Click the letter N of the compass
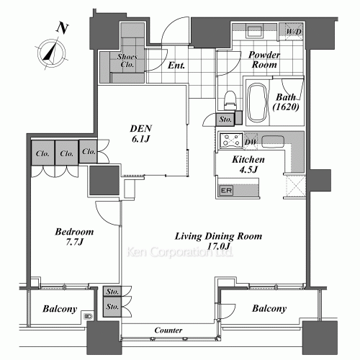(x=62, y=28)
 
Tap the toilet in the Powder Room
(x=230, y=100)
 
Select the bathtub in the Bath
(x=257, y=103)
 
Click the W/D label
(x=294, y=32)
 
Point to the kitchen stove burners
(x=231, y=140)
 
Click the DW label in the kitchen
(x=251, y=142)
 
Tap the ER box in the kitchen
(x=226, y=191)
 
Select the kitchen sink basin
(x=273, y=142)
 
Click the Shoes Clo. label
(x=127, y=60)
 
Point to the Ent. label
(x=176, y=66)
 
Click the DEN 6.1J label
(x=141, y=133)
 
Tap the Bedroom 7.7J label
(x=74, y=237)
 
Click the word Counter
(x=168, y=330)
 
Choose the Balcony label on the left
(x=60, y=309)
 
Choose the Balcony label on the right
(x=269, y=308)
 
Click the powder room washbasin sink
(x=254, y=31)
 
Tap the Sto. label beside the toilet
(x=225, y=119)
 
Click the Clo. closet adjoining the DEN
(x=88, y=151)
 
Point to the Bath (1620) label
(x=286, y=102)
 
